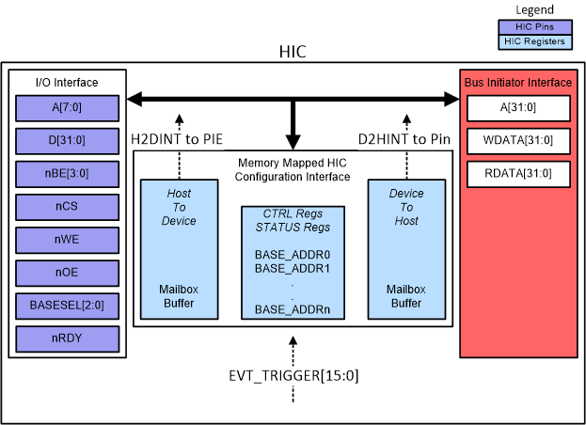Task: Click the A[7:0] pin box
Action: click(x=66, y=108)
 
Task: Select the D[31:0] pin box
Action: click(x=66, y=141)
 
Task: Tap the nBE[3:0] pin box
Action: click(x=66, y=175)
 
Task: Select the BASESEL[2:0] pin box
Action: click(x=66, y=307)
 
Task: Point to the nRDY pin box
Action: click(x=66, y=338)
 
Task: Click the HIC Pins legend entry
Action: click(x=535, y=27)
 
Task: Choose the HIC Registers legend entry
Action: click(x=535, y=41)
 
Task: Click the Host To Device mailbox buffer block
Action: click(x=180, y=248)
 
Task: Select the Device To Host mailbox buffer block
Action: click(x=406, y=248)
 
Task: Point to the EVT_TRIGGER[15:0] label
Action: click(x=293, y=376)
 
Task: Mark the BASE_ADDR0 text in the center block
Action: click(x=293, y=255)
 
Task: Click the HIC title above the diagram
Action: click(x=293, y=52)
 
